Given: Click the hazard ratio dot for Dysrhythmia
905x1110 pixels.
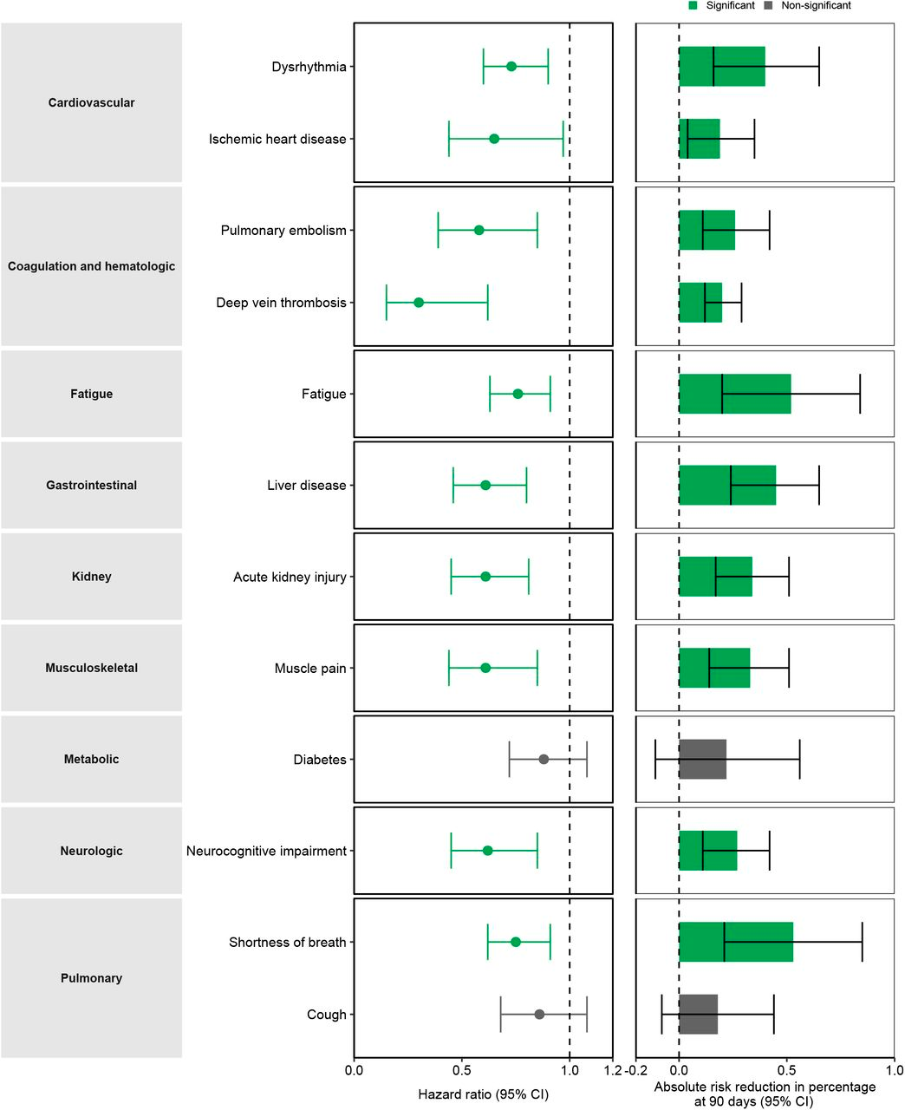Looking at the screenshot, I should [x=511, y=67].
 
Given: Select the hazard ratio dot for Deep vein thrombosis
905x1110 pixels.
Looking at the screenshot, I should [x=419, y=303].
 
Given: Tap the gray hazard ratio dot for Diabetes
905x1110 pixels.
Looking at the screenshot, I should [x=544, y=760].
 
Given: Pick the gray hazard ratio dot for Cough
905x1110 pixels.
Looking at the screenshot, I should [x=539, y=1015].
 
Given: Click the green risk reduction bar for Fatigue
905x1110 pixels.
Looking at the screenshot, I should [x=734, y=394].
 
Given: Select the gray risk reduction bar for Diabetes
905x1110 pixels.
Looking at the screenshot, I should [x=702, y=760].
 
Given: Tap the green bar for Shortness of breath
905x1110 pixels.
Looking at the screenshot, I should [x=735, y=943].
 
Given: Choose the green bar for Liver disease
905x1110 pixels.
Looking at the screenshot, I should [x=726, y=486].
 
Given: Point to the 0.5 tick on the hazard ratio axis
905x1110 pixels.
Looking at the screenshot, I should [x=461, y=1070].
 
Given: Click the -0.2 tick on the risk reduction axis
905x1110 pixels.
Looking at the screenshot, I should [x=636, y=1070].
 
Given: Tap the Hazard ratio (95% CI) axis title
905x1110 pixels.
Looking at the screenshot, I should [x=483, y=1094].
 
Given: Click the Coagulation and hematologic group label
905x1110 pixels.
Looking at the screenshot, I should [x=92, y=266].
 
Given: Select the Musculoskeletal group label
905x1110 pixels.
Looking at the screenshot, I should [x=92, y=668].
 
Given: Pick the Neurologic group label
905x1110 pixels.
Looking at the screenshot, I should [x=92, y=851].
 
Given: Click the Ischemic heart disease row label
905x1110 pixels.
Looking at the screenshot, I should [x=277, y=139].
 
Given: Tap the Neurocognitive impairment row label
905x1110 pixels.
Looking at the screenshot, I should [x=266, y=851].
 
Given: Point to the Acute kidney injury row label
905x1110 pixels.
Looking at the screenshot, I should [x=290, y=577].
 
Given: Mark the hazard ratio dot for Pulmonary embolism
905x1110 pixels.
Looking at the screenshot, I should [x=479, y=231].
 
